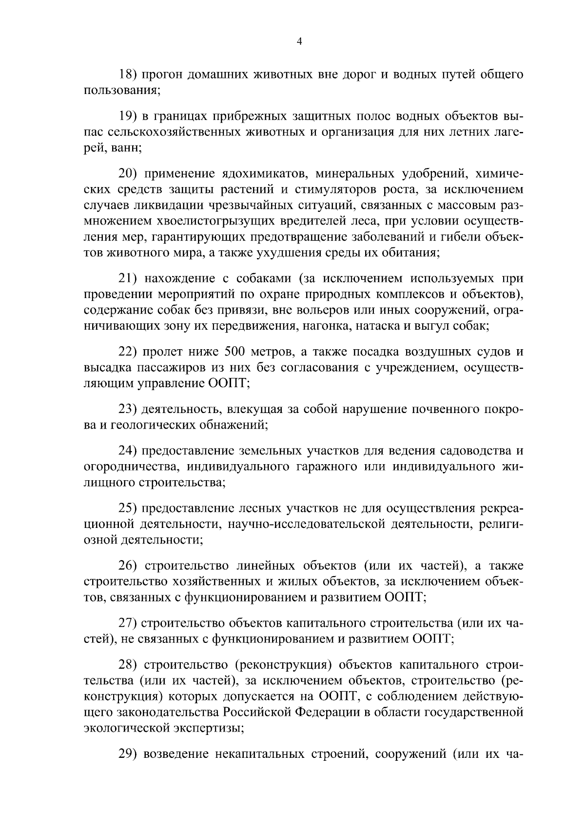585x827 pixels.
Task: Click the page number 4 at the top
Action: pyautogui.click(x=300, y=42)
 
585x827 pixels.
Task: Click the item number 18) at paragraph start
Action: pyautogui.click(x=130, y=75)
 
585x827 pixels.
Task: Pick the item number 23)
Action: pyautogui.click(x=130, y=408)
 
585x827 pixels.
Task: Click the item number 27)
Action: pyautogui.click(x=130, y=623)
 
